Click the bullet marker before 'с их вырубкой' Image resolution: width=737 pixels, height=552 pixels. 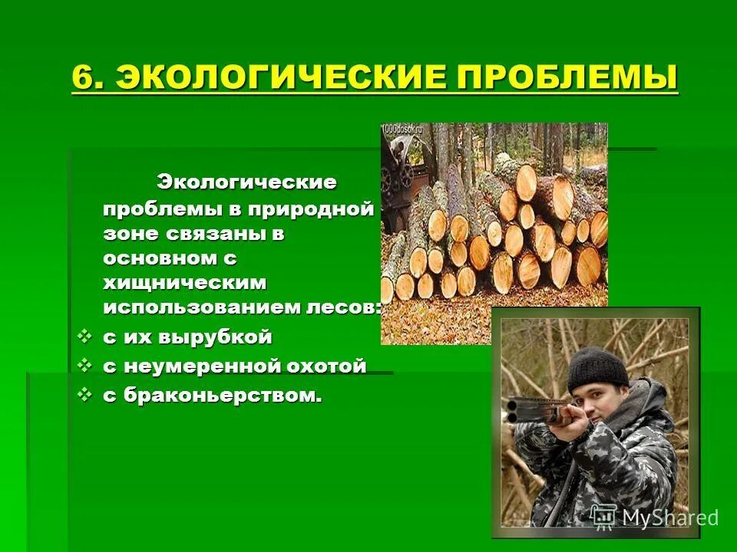(x=86, y=337)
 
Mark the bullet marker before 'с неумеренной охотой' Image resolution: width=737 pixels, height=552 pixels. (x=86, y=366)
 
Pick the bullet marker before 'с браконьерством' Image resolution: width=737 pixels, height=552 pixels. (x=86, y=396)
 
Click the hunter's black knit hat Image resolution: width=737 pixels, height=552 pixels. (x=598, y=367)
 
